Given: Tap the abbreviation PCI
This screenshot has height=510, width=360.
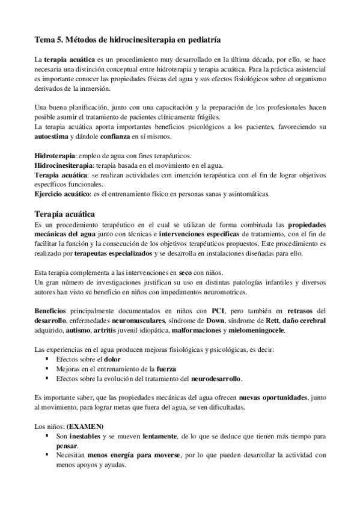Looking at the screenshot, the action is pos(216,311).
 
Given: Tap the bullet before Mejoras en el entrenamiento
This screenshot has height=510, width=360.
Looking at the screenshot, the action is pos(46,369).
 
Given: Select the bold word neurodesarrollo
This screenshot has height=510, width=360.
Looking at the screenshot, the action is pos(215,379).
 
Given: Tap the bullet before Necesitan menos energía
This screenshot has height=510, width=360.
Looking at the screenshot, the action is pos(46,455).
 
